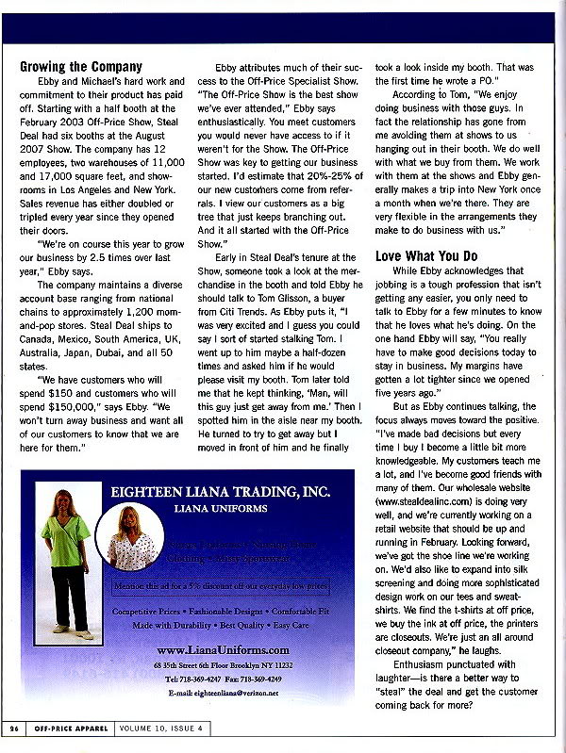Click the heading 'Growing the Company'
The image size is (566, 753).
[81, 67]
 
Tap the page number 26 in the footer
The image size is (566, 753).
[15, 728]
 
